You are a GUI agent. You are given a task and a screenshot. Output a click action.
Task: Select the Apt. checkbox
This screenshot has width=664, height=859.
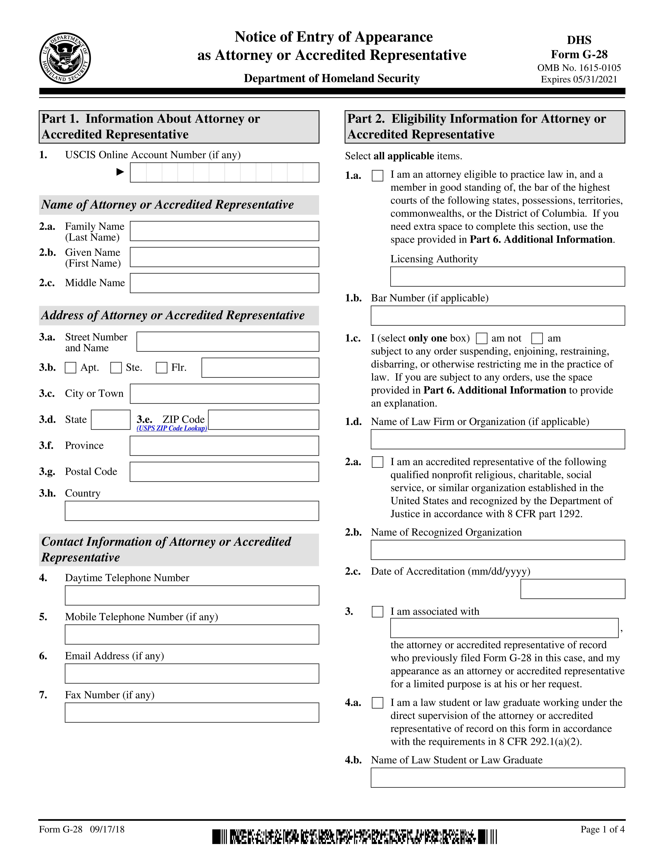click(70, 368)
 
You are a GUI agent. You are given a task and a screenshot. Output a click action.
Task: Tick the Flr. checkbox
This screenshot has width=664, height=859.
click(161, 368)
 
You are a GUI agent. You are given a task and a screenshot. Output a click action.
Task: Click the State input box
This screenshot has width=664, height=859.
click(110, 420)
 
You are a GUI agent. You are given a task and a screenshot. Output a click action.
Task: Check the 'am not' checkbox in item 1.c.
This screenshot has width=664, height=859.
click(482, 338)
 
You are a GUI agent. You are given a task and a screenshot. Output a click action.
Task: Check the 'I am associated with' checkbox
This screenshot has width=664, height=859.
click(377, 612)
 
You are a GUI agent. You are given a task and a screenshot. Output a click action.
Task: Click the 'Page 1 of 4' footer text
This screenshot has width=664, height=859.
click(602, 830)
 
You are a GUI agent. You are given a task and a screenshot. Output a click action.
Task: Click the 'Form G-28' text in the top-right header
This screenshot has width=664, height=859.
click(579, 54)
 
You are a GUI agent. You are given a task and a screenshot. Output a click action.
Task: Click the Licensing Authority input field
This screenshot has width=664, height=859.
click(507, 277)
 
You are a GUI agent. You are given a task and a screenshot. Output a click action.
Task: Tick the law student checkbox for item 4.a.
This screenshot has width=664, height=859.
click(377, 703)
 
